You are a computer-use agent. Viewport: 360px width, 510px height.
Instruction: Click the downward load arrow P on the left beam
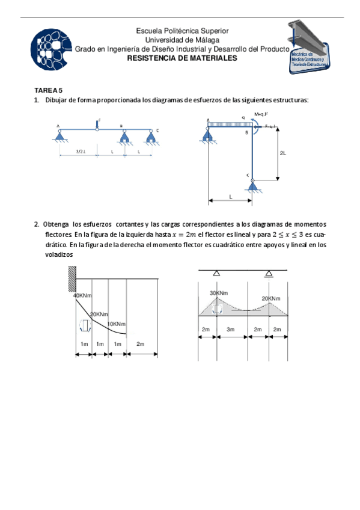click(x=97, y=124)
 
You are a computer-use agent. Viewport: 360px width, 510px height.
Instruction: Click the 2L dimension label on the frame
click(x=284, y=153)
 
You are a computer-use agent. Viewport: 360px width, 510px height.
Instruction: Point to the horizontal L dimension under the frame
click(x=230, y=197)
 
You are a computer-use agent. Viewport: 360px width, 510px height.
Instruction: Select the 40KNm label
click(x=82, y=295)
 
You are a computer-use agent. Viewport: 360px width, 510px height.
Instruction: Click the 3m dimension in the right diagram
click(x=231, y=330)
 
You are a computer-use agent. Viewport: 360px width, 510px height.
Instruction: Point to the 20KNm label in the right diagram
click(x=270, y=298)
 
